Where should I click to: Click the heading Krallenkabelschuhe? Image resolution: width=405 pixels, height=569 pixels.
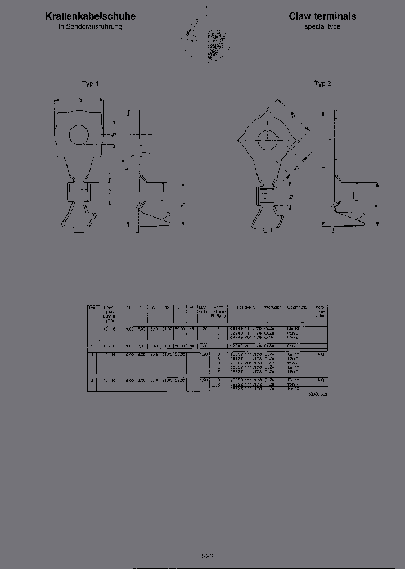point(90,17)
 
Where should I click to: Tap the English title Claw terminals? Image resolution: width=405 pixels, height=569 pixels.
point(322,17)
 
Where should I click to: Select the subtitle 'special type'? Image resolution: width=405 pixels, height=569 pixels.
point(322,27)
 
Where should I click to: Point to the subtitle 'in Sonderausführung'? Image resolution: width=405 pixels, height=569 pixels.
point(90,27)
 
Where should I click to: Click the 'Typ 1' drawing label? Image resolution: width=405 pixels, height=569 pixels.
point(90,84)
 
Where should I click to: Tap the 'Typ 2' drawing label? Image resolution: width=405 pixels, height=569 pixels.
point(322,84)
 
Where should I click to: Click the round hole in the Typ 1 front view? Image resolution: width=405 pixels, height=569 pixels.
point(80,134)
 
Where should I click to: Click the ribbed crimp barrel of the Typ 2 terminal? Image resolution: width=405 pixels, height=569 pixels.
point(267,197)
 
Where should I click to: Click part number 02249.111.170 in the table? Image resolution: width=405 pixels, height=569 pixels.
point(246,328)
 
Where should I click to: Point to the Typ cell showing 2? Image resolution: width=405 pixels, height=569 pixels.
point(91,381)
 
